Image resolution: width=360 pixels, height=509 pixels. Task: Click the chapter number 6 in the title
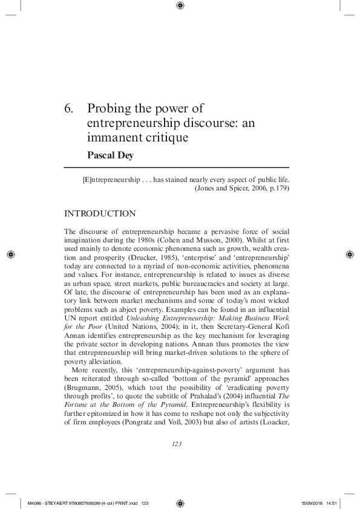(68, 109)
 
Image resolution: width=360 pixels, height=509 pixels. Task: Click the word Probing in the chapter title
(108, 109)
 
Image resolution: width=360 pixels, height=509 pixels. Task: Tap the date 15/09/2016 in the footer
(310, 502)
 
